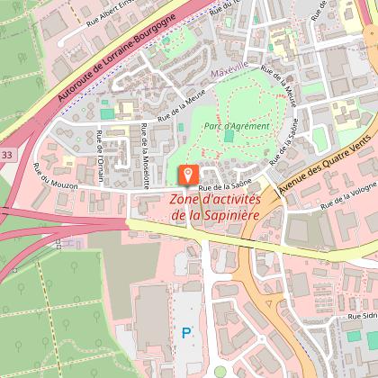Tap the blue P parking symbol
click(x=187, y=332)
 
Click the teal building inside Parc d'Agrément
click(x=228, y=137)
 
